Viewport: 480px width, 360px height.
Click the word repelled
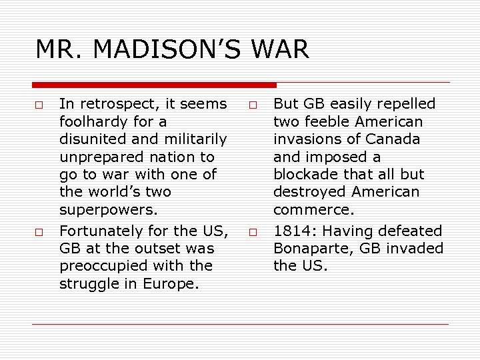tap(405, 104)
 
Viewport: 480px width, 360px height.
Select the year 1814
tap(291, 231)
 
